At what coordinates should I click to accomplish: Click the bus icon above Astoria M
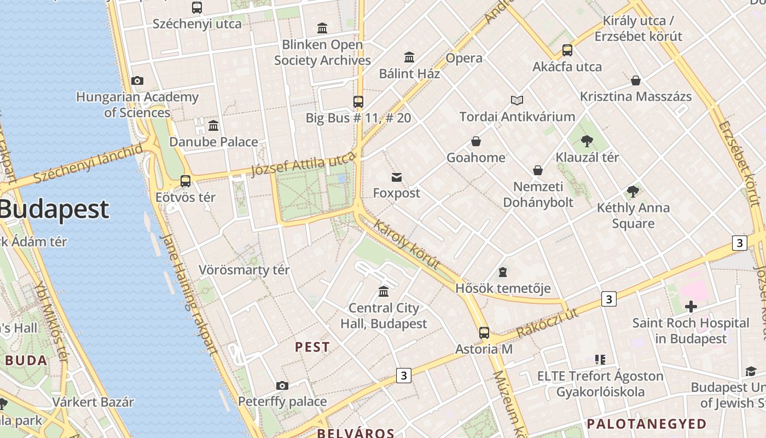click(484, 332)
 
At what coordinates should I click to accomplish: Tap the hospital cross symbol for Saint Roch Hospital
click(690, 306)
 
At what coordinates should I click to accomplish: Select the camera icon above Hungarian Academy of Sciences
click(137, 81)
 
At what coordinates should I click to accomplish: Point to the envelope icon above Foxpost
click(397, 177)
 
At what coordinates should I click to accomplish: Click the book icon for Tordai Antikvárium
click(517, 100)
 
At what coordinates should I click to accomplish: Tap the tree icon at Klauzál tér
click(587, 141)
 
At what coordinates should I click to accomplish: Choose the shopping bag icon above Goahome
click(476, 142)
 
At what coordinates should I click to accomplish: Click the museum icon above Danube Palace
click(213, 126)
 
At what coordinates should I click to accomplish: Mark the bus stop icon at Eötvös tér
click(185, 181)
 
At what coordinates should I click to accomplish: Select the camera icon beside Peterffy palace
click(282, 386)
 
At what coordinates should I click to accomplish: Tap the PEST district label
click(312, 347)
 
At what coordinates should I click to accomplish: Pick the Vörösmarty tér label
click(244, 270)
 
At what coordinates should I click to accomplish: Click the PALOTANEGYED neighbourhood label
click(647, 424)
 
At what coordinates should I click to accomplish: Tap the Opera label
click(464, 58)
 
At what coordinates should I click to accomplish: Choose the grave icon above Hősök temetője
click(502, 272)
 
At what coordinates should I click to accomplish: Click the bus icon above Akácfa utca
click(567, 51)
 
